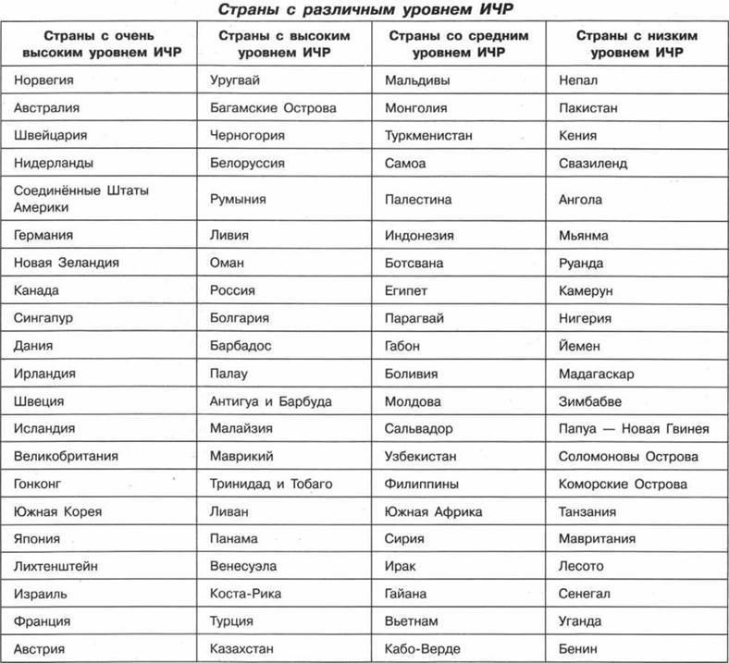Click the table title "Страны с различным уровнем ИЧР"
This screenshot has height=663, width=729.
point(364,9)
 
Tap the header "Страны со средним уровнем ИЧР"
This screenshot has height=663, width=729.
point(457,43)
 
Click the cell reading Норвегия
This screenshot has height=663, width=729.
point(44,81)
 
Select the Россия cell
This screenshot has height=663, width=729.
point(232,290)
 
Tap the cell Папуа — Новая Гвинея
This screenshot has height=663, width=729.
point(634,429)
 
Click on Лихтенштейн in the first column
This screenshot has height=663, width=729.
point(56,566)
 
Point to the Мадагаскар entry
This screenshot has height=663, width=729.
point(596,374)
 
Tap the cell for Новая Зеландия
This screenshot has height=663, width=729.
point(67,263)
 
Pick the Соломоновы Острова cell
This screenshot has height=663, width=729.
point(628,456)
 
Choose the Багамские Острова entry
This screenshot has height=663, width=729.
point(273,108)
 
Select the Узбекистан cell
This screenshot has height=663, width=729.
point(426,456)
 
